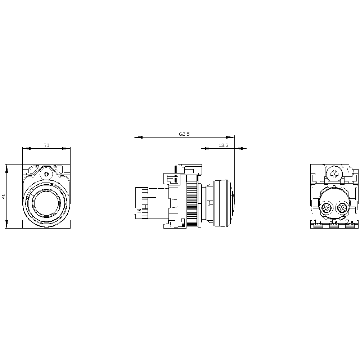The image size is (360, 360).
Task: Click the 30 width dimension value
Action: click(x=46, y=145)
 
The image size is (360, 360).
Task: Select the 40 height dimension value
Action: click(x=4, y=196)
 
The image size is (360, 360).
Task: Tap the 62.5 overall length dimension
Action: click(x=184, y=134)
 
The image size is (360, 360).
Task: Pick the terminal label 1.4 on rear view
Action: click(x=318, y=223)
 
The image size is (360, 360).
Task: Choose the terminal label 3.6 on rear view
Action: click(x=334, y=223)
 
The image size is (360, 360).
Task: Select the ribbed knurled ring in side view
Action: click(x=192, y=203)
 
